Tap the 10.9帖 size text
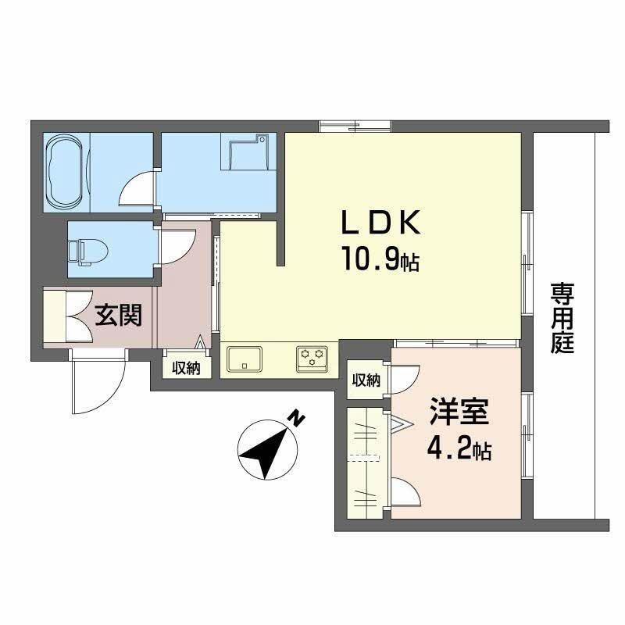[380, 257]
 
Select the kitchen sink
[245, 360]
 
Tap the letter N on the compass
[296, 420]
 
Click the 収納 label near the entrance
[187, 368]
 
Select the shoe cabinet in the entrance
[58, 316]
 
